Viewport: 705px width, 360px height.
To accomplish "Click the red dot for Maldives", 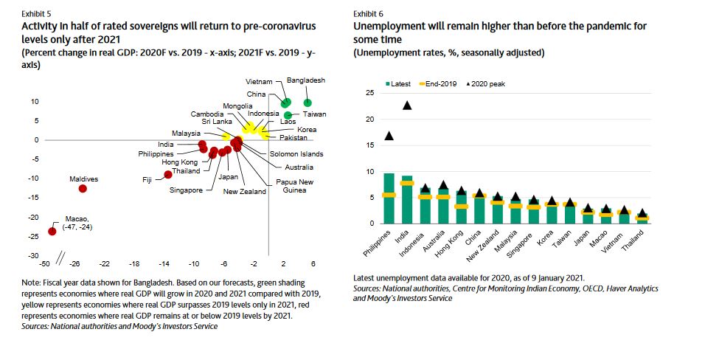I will point(83,188).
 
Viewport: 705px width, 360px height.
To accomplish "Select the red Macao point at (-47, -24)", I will point(52,231).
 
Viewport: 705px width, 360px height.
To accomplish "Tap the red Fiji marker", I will point(168,174).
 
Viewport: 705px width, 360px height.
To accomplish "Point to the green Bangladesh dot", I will point(308,103).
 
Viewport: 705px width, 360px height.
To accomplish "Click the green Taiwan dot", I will point(288,114).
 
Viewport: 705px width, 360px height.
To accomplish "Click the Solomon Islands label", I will point(296,154).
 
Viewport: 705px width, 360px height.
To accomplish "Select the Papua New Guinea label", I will point(294,186).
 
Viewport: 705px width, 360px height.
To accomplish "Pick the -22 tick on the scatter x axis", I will point(105,263).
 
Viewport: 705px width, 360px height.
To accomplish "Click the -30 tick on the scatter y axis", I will point(34,255).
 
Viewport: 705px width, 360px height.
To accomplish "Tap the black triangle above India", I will point(407,105).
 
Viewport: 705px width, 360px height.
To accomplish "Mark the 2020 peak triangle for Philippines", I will point(389,136).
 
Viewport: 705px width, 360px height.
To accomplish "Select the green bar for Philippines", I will point(389,198).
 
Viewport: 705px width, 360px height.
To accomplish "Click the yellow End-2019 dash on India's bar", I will point(407,183).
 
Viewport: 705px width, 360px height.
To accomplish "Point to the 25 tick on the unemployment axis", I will point(370,93).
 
